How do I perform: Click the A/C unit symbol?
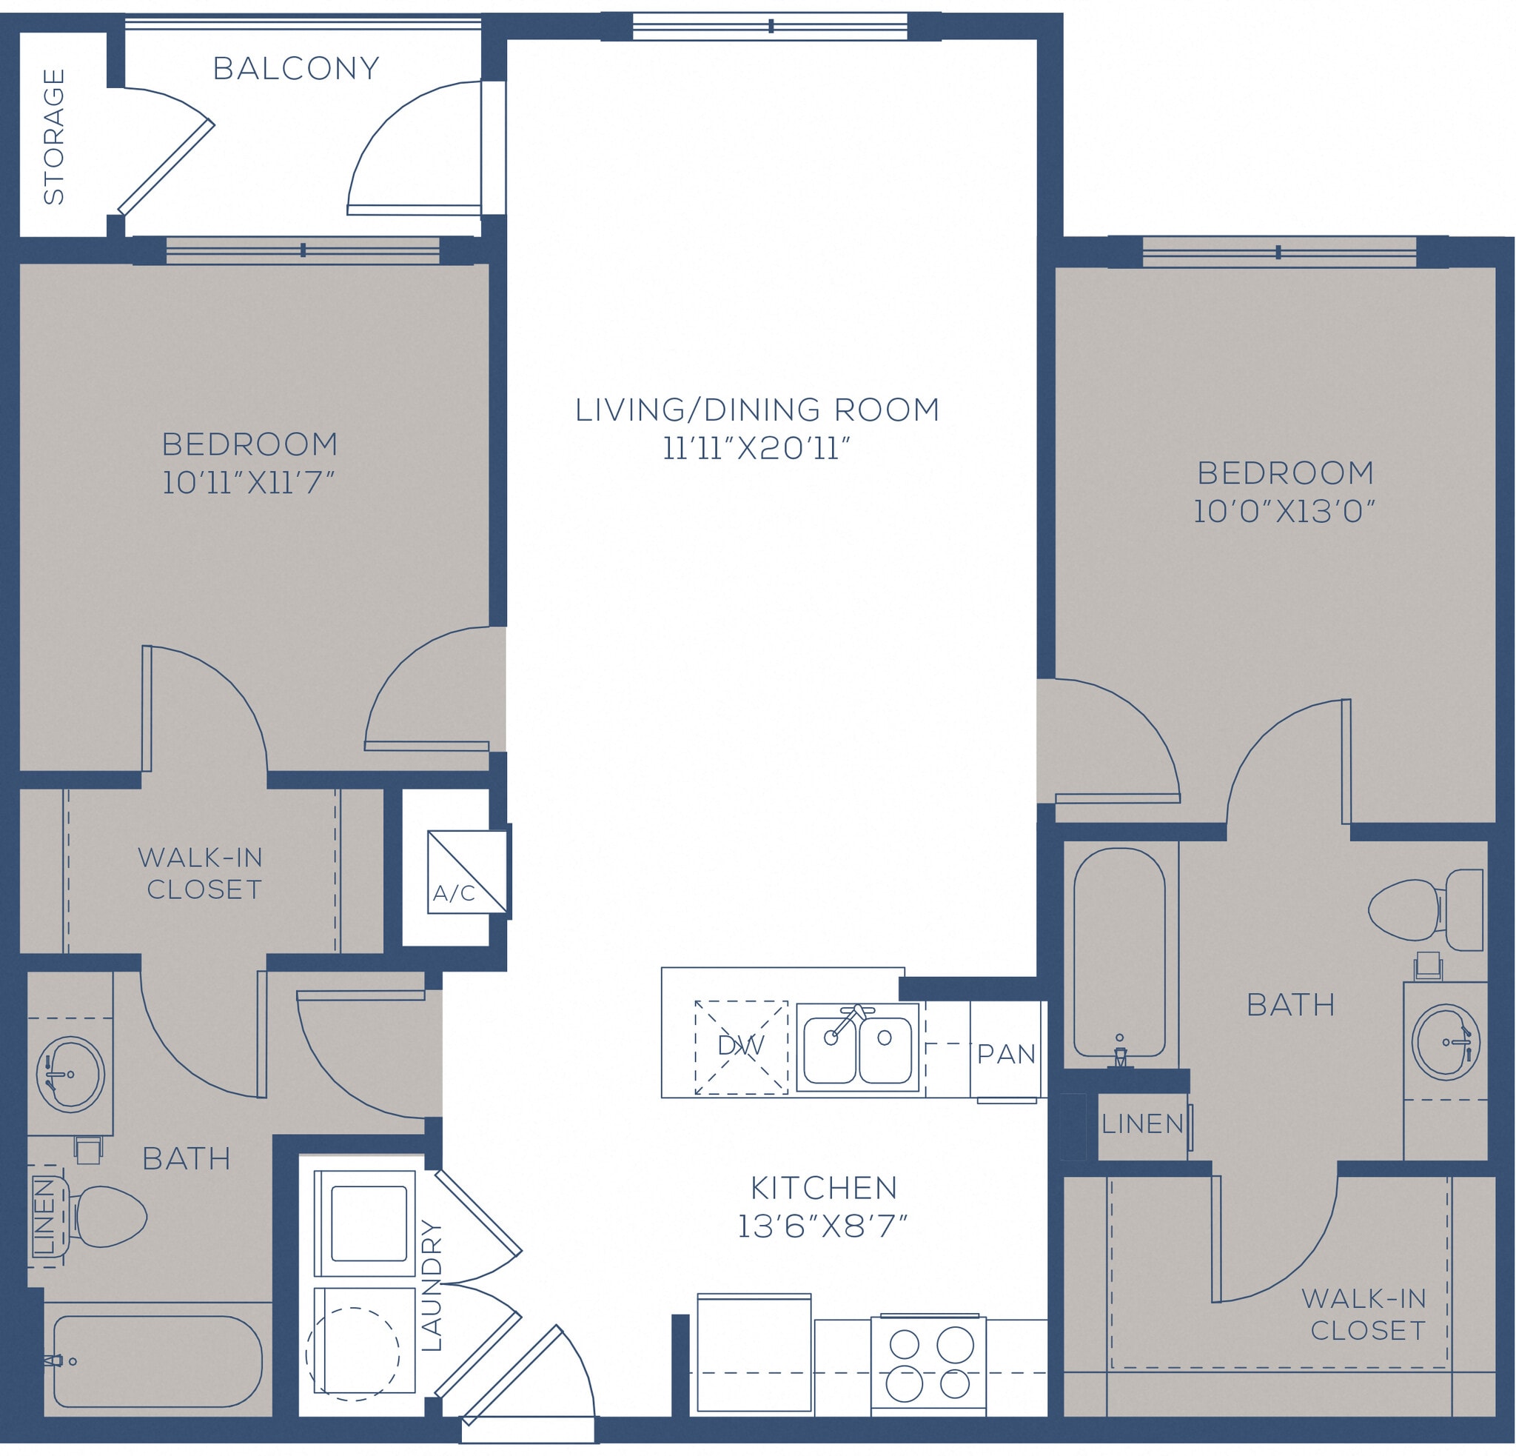467,872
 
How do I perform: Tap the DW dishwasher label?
740,1046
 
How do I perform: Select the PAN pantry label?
1005,1054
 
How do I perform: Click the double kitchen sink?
858,1047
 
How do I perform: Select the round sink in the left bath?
70,1074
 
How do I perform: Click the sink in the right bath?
1446,1041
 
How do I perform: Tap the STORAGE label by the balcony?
54,136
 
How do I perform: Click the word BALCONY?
296,69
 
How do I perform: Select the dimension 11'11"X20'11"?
757,449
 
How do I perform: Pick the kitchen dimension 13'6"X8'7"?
822,1226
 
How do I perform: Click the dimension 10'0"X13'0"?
1284,512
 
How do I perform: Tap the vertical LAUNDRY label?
431,1284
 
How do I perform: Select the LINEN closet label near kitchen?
1142,1124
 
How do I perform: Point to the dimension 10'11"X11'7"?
248,483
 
